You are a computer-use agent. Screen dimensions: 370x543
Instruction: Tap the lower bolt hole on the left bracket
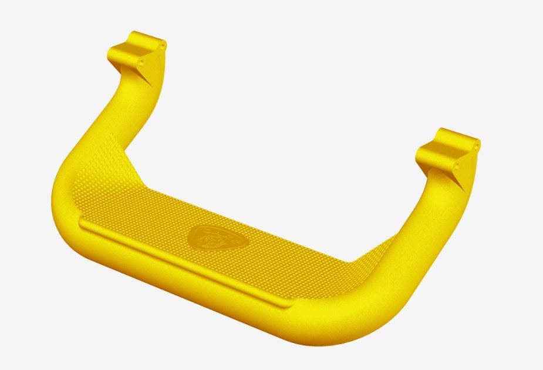[x=142, y=61]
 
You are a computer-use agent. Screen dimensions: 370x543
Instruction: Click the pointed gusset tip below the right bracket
[x=463, y=191]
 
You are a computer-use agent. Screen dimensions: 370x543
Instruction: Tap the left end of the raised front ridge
[x=83, y=224]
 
